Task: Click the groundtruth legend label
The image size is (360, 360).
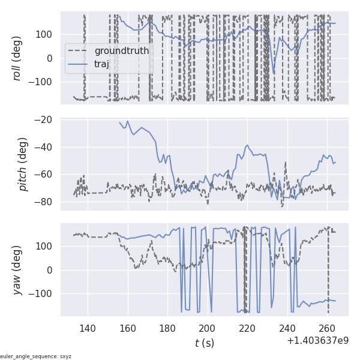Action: (121, 50)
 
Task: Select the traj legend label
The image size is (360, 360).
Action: (102, 64)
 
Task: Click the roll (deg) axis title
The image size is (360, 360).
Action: (18, 58)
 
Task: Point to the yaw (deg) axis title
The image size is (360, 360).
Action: (18, 270)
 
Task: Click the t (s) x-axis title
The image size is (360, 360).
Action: (204, 343)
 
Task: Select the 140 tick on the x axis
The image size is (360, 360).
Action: (88, 328)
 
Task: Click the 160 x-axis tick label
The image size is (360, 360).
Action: (127, 328)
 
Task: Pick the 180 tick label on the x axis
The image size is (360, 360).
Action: (167, 328)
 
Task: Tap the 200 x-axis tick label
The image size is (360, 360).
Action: (207, 328)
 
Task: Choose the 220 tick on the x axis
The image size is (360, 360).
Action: (247, 328)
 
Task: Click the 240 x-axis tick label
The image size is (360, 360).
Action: (287, 328)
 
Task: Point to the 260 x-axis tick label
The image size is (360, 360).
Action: (327, 328)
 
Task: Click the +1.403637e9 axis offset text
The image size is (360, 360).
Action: (317, 341)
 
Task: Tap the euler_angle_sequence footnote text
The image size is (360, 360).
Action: (36, 356)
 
